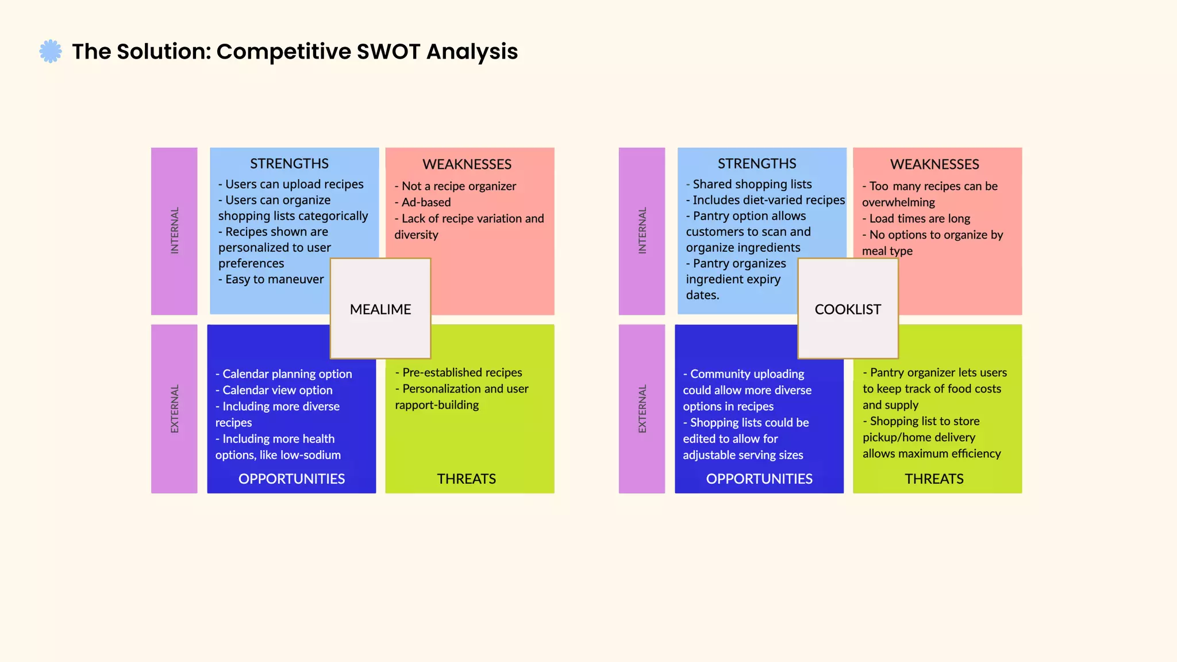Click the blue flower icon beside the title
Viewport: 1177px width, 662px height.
(x=51, y=51)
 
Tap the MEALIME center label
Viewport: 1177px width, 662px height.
(x=380, y=309)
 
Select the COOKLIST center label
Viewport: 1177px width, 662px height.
(x=848, y=309)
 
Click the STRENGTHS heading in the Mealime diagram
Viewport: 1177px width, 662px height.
(x=289, y=164)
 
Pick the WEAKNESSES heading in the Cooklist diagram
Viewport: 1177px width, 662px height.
(x=934, y=164)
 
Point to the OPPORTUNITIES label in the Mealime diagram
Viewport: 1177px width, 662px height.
(x=291, y=479)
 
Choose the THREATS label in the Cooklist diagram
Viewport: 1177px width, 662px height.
(x=934, y=479)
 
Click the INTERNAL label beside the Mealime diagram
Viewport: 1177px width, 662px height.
(x=175, y=230)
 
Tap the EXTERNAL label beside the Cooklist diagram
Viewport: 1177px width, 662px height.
(x=643, y=409)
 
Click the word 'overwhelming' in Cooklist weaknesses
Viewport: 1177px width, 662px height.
(x=898, y=202)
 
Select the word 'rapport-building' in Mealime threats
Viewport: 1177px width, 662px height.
(x=437, y=405)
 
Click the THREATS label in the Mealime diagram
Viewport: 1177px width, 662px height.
(x=466, y=479)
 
